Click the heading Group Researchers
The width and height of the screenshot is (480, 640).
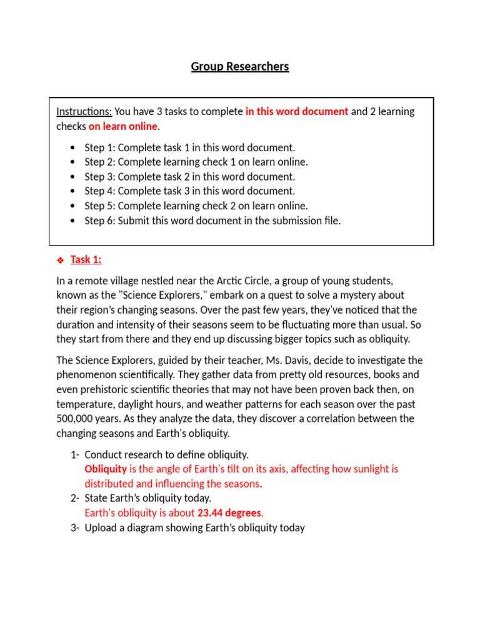click(x=240, y=67)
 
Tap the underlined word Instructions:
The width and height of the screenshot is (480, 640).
click(x=84, y=112)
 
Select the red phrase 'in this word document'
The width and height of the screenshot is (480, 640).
click(x=297, y=112)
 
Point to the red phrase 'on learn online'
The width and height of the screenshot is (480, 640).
click(x=123, y=127)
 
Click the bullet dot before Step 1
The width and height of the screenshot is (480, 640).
click(x=73, y=148)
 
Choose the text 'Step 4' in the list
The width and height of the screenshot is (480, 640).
click(x=99, y=191)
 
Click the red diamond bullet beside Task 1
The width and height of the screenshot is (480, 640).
click(x=61, y=260)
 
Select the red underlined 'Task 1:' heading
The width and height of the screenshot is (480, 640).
click(x=86, y=260)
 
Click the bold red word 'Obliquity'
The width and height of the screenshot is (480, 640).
click(x=106, y=469)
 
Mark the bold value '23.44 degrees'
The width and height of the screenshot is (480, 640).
click(x=230, y=513)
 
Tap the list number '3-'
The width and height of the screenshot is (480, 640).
click(x=75, y=528)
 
